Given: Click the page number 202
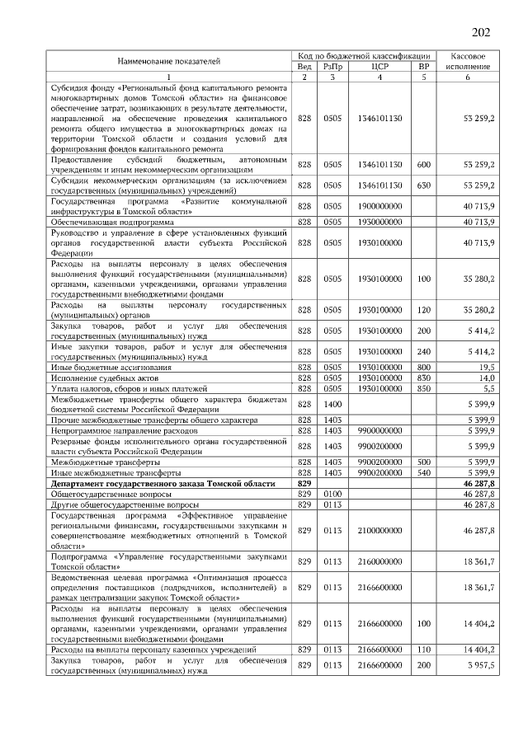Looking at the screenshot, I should point(480,32).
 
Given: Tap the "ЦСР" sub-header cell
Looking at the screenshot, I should point(380,66).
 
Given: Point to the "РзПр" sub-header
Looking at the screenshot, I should point(332,66).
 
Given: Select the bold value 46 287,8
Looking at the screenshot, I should point(478,484).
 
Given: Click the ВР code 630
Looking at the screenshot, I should point(424,185).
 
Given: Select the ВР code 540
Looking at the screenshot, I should point(424,474).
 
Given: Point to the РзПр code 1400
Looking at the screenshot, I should point(332,404).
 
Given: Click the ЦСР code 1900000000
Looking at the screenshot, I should point(380,206).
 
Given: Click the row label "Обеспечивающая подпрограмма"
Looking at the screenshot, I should point(112,222).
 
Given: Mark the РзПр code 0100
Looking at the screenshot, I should point(332,494).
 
